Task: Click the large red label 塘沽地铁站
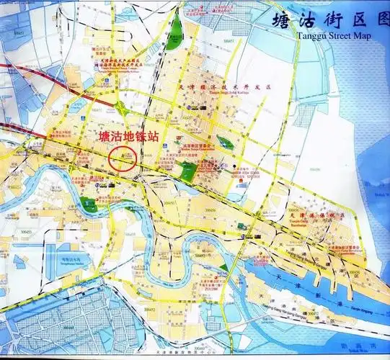click(128, 136)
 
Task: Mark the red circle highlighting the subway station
click(123, 157)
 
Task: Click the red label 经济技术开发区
click(231, 86)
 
